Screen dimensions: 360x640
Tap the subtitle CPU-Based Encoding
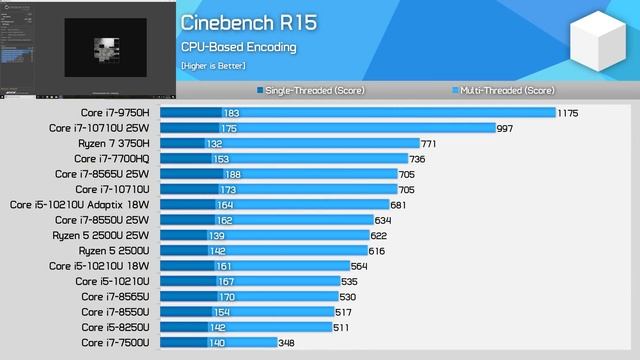click(238, 47)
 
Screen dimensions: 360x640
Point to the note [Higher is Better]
click(213, 66)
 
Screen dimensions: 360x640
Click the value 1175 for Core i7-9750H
click(568, 113)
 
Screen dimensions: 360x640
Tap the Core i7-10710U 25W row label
click(99, 128)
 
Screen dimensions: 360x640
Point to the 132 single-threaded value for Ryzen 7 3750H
click(215, 144)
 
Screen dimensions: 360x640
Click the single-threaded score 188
click(232, 174)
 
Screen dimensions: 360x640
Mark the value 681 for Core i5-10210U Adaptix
click(397, 205)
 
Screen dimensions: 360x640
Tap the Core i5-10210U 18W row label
click(98, 266)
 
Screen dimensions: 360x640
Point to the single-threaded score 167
click(226, 282)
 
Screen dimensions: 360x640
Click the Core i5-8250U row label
click(115, 327)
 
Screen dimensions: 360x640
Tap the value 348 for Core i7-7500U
click(286, 343)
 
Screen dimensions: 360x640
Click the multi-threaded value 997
click(505, 128)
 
